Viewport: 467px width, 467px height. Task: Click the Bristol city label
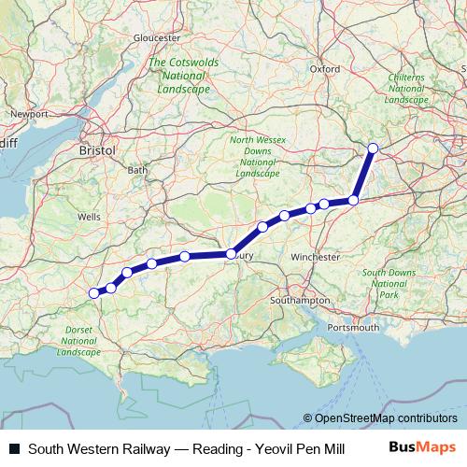pos(97,149)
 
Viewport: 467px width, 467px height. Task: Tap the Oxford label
pos(325,68)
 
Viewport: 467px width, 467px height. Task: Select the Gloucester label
pos(157,37)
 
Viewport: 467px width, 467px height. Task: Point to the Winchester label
pos(315,256)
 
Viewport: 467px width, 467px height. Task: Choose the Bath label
pos(137,170)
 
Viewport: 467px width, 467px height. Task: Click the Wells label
pos(90,216)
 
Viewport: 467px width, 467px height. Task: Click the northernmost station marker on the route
pos(374,148)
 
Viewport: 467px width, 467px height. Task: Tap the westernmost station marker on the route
pos(93,293)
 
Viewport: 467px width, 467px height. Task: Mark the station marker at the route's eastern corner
pos(353,200)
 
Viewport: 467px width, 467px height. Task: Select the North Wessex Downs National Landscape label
pos(258,157)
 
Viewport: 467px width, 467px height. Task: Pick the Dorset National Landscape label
pos(78,341)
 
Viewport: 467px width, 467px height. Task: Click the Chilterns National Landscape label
pos(407,88)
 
